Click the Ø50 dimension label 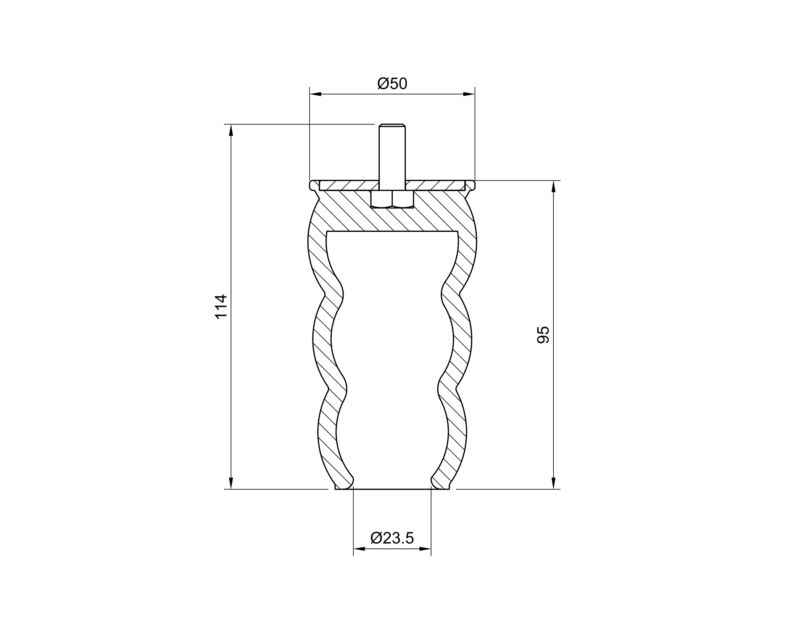point(392,84)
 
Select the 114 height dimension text point(221,307)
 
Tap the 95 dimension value point(543,335)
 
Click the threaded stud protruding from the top point(392,152)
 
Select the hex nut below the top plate point(392,199)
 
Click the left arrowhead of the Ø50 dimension point(315,94)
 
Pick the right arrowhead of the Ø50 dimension point(469,94)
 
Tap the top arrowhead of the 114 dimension point(231,131)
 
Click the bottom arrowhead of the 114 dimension point(231,483)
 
